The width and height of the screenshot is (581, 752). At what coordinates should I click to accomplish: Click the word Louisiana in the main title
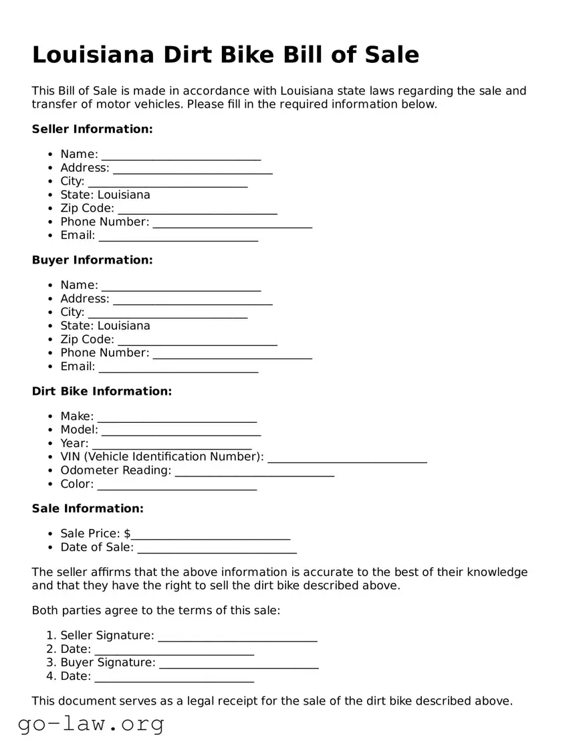click(x=91, y=54)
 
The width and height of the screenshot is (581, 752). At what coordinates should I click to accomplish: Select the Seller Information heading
click(x=92, y=129)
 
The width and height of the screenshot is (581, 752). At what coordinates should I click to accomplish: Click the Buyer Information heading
click(x=92, y=260)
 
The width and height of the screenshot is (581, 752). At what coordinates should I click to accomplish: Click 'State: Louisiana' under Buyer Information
click(x=105, y=326)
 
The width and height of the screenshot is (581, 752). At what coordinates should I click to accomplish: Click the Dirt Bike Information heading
click(x=102, y=391)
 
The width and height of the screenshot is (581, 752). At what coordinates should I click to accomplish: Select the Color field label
click(x=77, y=484)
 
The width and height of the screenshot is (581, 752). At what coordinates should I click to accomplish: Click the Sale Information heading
click(x=88, y=508)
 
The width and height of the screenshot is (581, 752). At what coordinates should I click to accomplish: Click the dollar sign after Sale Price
click(x=127, y=534)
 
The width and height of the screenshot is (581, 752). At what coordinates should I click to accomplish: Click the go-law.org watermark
click(x=91, y=723)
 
